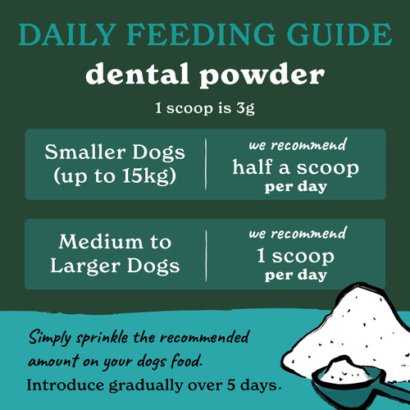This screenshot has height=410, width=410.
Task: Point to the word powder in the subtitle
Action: click(267, 75)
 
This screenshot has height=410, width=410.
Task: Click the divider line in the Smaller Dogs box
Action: click(205, 164)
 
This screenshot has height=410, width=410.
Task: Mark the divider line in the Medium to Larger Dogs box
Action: click(205, 253)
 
